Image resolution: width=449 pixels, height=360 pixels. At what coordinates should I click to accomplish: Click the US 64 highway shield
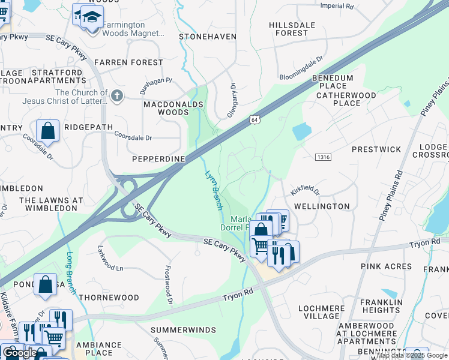(255, 119)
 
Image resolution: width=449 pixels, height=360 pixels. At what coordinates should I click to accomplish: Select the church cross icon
(117, 94)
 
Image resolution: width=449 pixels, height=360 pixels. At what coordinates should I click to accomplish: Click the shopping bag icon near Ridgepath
(47, 131)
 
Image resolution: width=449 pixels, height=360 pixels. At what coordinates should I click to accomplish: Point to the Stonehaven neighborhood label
(208, 37)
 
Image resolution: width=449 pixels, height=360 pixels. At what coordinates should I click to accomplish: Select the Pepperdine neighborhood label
(158, 158)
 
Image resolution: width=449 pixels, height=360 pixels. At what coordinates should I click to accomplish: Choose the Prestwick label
(376, 149)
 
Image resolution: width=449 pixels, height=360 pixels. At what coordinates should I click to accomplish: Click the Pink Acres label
(386, 266)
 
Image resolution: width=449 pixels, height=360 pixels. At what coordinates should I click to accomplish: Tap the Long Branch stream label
(71, 273)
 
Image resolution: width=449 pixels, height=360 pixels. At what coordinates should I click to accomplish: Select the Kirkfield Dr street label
(305, 191)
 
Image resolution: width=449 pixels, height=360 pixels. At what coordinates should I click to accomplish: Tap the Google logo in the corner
(20, 353)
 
